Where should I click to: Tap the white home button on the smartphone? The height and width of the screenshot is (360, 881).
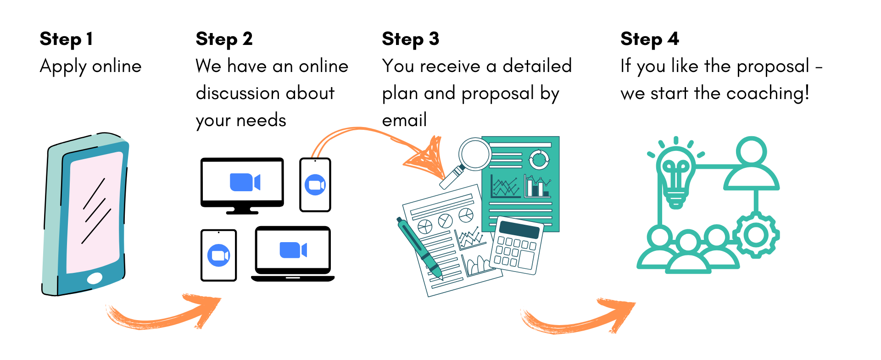pos(95,278)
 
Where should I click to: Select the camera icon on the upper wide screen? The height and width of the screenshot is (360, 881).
pos(245,182)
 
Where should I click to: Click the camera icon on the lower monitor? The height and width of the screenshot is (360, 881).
pos(293,250)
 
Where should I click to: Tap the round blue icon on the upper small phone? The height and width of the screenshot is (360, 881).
pos(315,185)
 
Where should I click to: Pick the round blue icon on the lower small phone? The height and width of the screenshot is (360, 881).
pos(219,255)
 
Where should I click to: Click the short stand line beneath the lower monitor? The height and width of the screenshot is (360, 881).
pos(293,277)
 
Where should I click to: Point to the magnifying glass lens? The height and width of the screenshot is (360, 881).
pos(475,154)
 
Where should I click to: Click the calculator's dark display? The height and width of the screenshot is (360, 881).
pos(519,229)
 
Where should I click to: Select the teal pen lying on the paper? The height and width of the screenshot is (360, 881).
pos(418,248)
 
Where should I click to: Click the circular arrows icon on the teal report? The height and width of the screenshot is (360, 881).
pos(539,159)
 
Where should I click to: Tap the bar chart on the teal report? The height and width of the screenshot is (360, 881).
pos(537,186)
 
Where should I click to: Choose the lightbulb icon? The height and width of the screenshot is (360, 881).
pos(675,174)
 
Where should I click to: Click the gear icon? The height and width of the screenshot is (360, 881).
pos(756,235)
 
